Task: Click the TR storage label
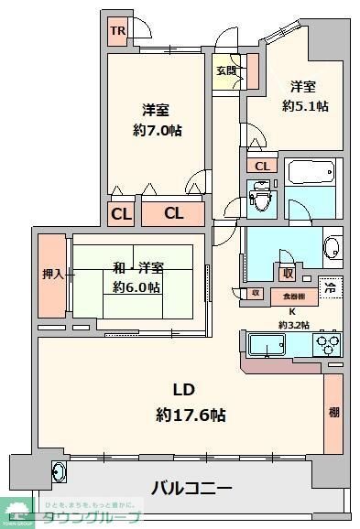[117, 31]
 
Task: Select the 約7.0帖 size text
[155, 131]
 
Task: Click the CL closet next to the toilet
[262, 166]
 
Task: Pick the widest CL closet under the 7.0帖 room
[173, 213]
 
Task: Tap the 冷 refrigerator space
[331, 286]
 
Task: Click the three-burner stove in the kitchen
[327, 346]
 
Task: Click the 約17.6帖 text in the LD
[191, 415]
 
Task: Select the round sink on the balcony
[59, 472]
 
